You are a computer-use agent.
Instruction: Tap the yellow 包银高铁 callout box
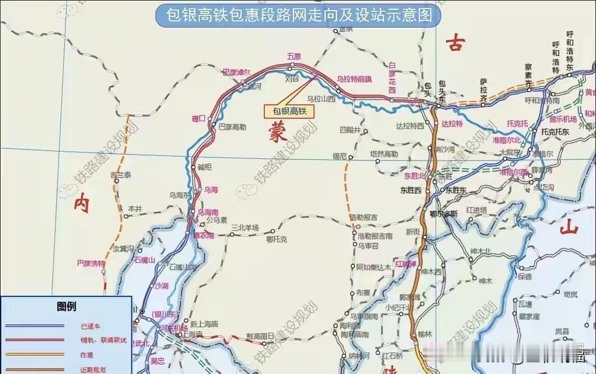pyautogui.click(x=289, y=111)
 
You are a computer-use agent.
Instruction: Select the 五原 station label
pyautogui.click(x=294, y=56)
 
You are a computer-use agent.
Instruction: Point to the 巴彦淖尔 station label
pyautogui.click(x=236, y=72)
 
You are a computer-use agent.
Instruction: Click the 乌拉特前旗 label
pyautogui.click(x=354, y=79)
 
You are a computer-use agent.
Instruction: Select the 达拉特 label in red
pyautogui.click(x=452, y=124)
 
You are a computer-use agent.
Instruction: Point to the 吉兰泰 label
pyautogui.click(x=121, y=175)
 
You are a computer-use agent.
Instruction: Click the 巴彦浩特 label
pyautogui.click(x=91, y=263)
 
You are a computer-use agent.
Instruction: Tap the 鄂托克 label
pyautogui.click(x=276, y=239)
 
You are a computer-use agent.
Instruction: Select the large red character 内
pyautogui.click(x=81, y=205)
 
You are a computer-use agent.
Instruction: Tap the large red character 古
pyautogui.click(x=455, y=43)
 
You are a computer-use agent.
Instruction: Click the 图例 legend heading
pyautogui.click(x=66, y=307)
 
